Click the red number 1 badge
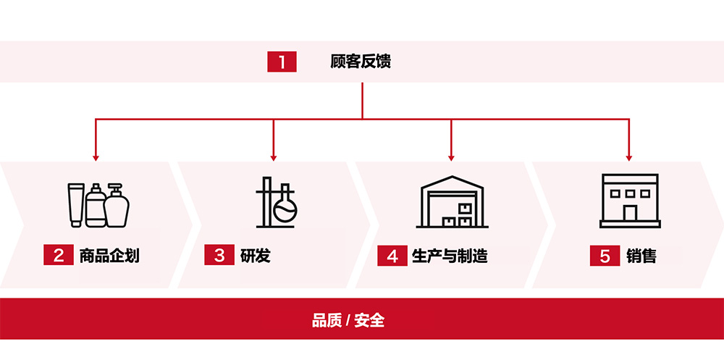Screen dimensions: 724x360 [282, 62]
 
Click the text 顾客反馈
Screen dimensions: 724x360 [361, 62]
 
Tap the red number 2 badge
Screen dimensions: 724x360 [58, 256]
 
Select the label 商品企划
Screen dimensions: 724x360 [109, 256]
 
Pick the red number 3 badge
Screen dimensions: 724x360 [219, 256]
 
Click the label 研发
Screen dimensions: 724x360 [255, 256]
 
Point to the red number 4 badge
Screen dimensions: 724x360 [392, 256]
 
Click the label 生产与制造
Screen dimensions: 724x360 [450, 256]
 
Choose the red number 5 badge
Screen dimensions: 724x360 [605, 256]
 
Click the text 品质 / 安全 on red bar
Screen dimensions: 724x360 [348, 319]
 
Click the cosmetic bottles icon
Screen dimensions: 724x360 [98, 204]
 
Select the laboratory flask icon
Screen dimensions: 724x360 [276, 202]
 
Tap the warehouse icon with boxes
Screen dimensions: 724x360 [452, 201]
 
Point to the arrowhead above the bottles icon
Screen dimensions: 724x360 [96, 156]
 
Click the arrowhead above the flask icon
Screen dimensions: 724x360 [274, 156]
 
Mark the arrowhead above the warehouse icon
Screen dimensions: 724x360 [451, 156]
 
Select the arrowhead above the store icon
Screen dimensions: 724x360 [628, 156]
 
